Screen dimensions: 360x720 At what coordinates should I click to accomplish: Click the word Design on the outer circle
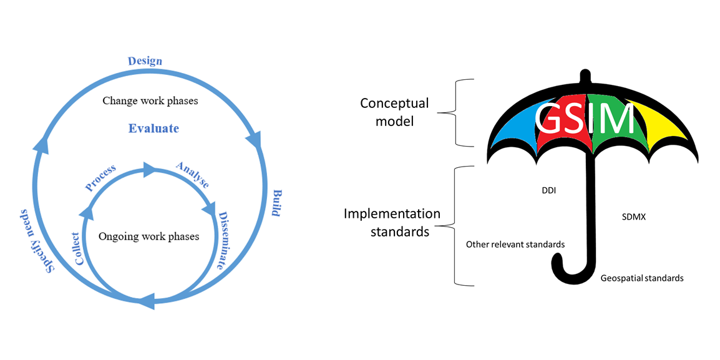pyautogui.click(x=145, y=61)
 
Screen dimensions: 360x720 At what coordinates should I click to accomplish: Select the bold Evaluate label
pyautogui.click(x=153, y=129)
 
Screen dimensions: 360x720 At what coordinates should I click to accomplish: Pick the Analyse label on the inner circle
pyautogui.click(x=192, y=175)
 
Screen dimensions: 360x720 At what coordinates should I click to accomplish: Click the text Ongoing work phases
pyautogui.click(x=149, y=237)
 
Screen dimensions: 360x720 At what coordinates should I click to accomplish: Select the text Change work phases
pyautogui.click(x=150, y=100)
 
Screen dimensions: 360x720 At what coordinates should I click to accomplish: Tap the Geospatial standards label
pyautogui.click(x=642, y=278)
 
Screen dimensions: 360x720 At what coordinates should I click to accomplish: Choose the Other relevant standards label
pyautogui.click(x=515, y=245)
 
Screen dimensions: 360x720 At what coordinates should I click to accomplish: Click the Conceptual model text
pyautogui.click(x=394, y=112)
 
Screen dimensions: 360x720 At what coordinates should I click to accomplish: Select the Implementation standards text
pyautogui.click(x=392, y=223)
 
